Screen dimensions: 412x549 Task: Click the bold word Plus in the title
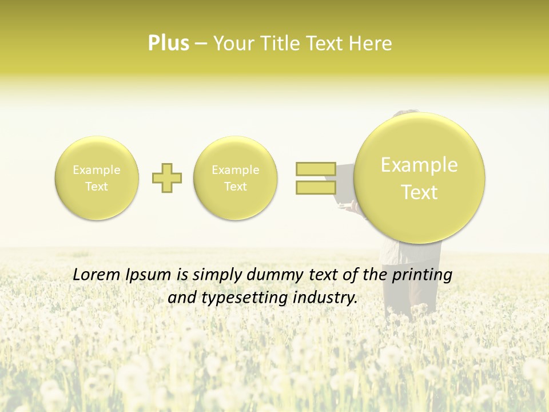pos(169,43)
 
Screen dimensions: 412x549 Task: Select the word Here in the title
pos(372,43)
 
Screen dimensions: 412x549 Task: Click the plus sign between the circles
pos(167,178)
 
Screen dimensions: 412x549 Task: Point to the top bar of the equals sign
pos(316,169)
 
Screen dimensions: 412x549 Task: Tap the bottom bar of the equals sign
pos(316,187)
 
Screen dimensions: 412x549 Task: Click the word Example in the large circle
pos(419,165)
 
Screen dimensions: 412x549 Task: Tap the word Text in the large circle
pos(419,192)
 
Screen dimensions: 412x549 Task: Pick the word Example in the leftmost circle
pos(97,170)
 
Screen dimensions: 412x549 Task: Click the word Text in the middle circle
pos(236,187)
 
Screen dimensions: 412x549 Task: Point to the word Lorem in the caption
pos(94,275)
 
